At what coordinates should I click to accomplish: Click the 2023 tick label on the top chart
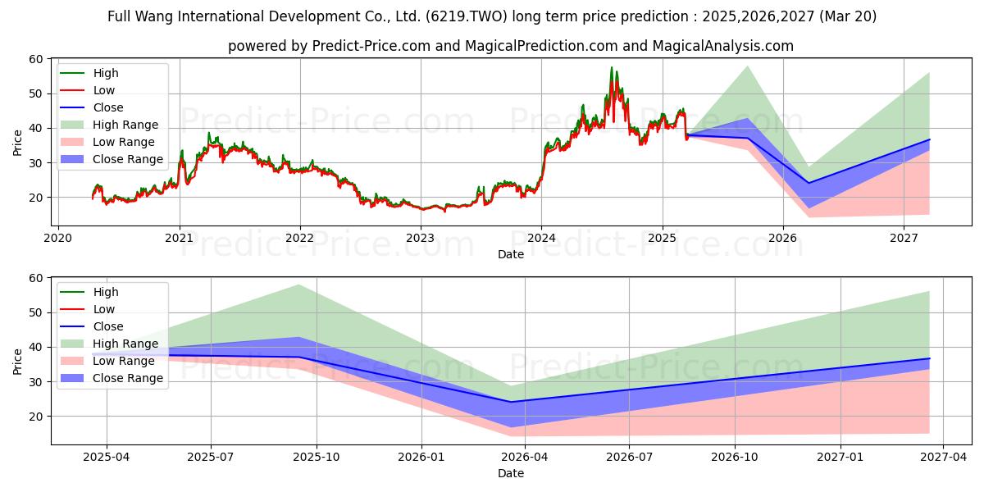(421, 239)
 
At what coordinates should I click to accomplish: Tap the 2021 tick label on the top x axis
(180, 239)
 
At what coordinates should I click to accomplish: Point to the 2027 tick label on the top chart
(904, 239)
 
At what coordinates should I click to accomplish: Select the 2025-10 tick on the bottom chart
(317, 458)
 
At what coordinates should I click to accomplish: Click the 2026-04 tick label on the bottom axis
(525, 458)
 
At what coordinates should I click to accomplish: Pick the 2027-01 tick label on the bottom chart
(840, 458)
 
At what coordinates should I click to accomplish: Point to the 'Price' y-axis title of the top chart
(17, 143)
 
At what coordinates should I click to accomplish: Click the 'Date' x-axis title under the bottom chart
(510, 473)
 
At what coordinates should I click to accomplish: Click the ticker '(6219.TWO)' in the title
(466, 16)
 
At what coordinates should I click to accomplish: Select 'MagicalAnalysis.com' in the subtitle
(722, 46)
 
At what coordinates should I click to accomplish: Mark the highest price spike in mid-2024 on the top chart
(611, 67)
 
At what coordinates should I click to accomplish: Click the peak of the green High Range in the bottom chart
(298, 285)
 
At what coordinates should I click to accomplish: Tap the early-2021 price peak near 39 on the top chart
(209, 133)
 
